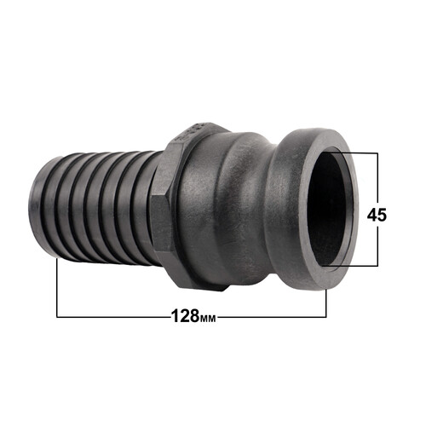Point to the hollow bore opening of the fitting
click(x=328, y=208)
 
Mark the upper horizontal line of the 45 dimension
click(x=358, y=153)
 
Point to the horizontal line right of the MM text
click(x=273, y=318)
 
